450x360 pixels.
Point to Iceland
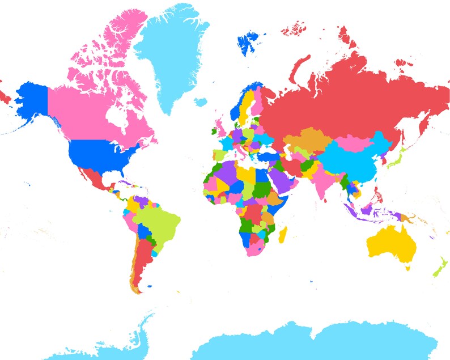(200, 102)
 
